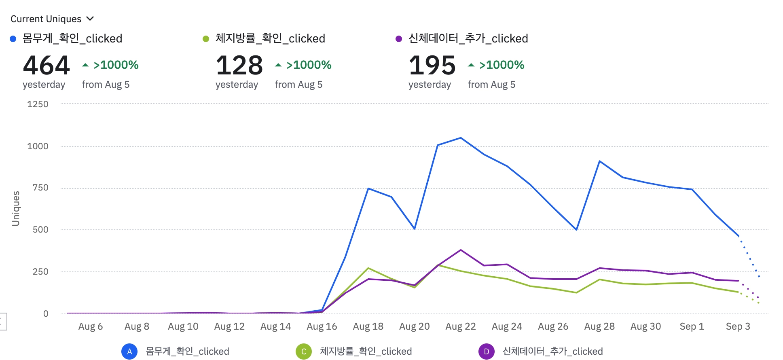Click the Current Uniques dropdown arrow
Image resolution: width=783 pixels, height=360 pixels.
[90, 19]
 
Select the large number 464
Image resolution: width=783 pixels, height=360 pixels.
[47, 65]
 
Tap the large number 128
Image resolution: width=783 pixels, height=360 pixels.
[239, 65]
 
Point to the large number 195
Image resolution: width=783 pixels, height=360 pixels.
[432, 65]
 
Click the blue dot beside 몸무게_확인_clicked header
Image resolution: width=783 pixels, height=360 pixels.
[13, 39]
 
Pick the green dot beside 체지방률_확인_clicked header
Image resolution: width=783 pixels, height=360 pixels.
[206, 39]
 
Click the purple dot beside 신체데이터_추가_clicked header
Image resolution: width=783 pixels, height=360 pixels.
[399, 39]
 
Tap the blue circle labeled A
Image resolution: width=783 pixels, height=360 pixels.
[129, 352]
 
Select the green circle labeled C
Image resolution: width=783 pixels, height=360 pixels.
[304, 352]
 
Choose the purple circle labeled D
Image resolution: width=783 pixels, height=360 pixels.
[486, 352]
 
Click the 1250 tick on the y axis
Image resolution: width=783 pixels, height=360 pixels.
[38, 104]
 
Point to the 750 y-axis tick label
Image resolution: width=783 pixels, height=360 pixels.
[40, 188]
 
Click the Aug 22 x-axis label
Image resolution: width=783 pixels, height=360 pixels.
[461, 326]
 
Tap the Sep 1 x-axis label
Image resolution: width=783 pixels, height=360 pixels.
[692, 326]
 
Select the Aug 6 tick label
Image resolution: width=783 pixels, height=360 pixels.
[91, 326]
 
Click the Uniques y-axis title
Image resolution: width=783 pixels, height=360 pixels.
[16, 208]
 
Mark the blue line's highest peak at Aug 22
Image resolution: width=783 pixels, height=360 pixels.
[461, 138]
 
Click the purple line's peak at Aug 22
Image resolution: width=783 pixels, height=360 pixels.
[461, 250]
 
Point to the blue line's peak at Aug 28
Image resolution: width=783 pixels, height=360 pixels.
[599, 161]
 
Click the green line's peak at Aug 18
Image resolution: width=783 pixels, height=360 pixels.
[368, 268]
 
